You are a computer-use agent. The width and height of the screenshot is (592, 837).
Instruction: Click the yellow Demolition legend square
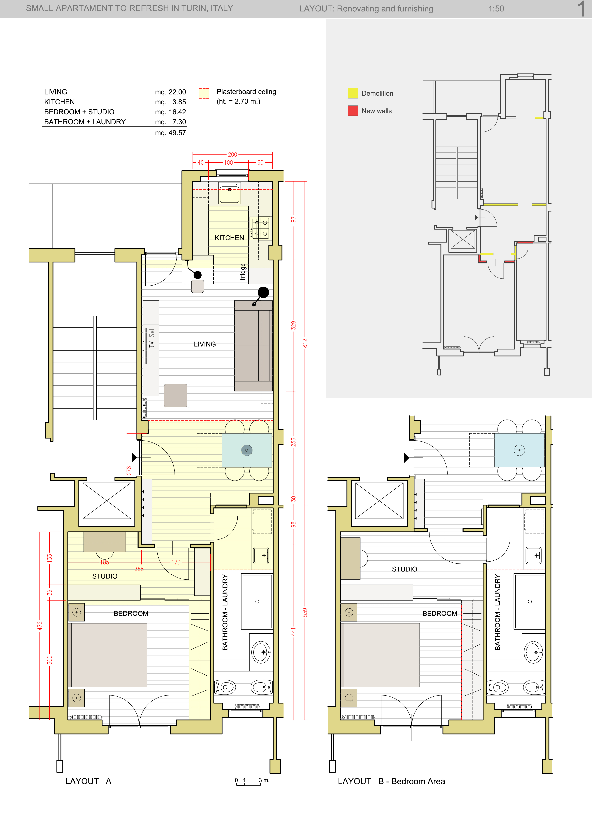coord(353,93)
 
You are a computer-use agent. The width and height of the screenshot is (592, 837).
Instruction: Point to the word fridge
coord(243,272)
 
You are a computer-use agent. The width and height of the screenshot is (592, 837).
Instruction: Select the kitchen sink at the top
coord(230,193)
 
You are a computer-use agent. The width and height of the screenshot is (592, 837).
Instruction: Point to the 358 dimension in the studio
coord(139,569)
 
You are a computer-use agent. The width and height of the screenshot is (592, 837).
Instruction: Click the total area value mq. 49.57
coord(170,133)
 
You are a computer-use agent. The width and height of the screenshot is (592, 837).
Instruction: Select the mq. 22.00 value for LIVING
coord(170,92)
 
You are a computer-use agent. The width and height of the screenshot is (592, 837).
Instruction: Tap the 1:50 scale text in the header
coord(496,9)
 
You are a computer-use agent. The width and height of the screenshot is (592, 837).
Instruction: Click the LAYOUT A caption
coord(88,781)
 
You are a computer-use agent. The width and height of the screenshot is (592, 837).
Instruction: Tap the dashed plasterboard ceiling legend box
coord(204,93)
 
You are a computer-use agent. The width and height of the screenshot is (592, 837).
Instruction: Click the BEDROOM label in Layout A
coord(131,614)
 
